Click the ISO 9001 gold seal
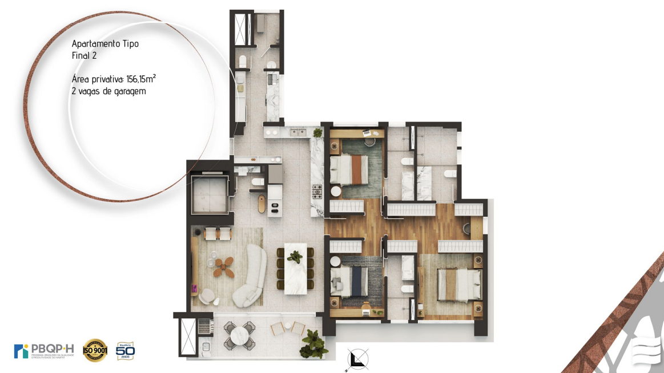tap(95, 350)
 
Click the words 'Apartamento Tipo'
tap(105, 44)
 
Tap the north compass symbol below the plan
tap(358, 359)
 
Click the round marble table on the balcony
tap(240, 335)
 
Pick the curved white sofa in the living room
tap(252, 277)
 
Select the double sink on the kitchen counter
tap(297, 133)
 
